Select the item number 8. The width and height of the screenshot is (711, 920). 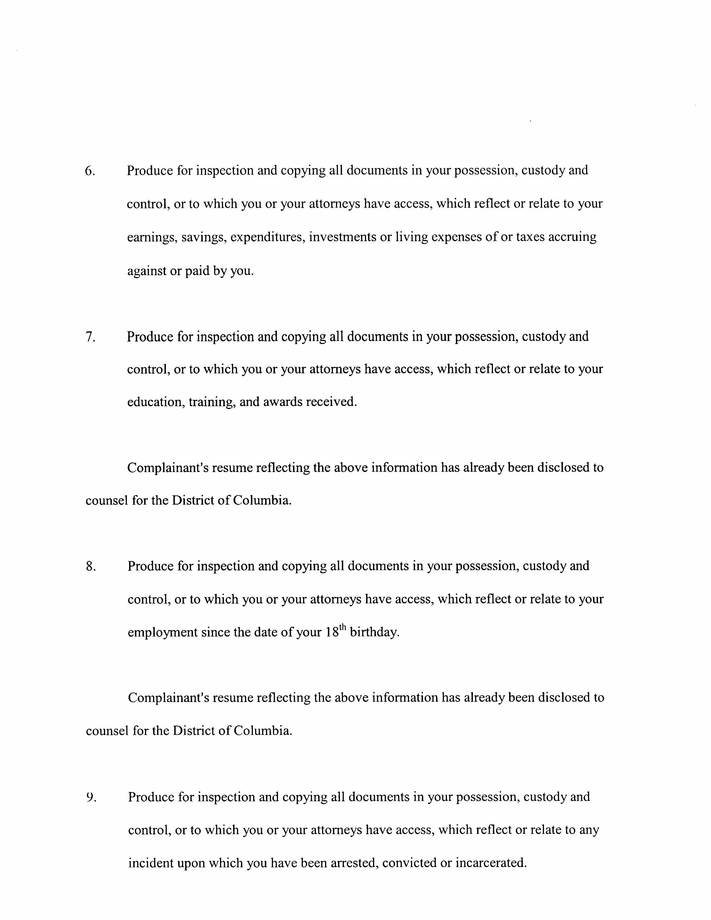(91, 566)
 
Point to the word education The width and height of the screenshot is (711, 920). (155, 402)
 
